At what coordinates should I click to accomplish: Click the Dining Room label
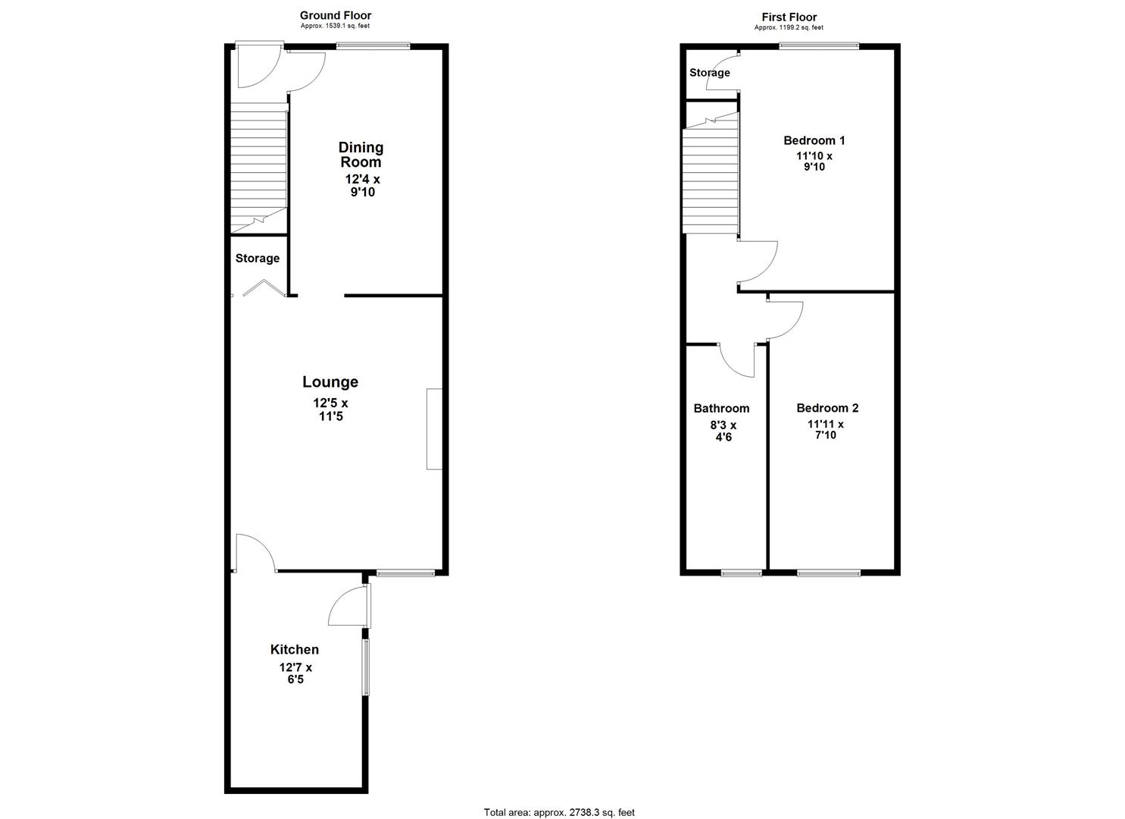click(361, 155)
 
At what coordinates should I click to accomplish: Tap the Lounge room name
click(330, 382)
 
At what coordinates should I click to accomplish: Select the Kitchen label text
click(295, 650)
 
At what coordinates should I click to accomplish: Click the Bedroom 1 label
click(814, 140)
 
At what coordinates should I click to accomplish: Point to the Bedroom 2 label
click(827, 408)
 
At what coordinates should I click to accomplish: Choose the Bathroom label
click(721, 408)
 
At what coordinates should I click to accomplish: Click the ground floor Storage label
click(258, 259)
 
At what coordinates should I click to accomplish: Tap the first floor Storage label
click(710, 73)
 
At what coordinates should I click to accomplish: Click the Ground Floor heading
click(336, 15)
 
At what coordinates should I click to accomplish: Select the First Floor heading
click(789, 17)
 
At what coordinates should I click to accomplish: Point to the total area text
click(559, 812)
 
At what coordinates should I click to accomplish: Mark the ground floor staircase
click(258, 167)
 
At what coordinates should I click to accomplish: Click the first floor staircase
click(711, 178)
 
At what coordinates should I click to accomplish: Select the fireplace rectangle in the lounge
click(434, 428)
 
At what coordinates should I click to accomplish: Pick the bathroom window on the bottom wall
click(742, 573)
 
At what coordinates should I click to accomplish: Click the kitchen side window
click(366, 667)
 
